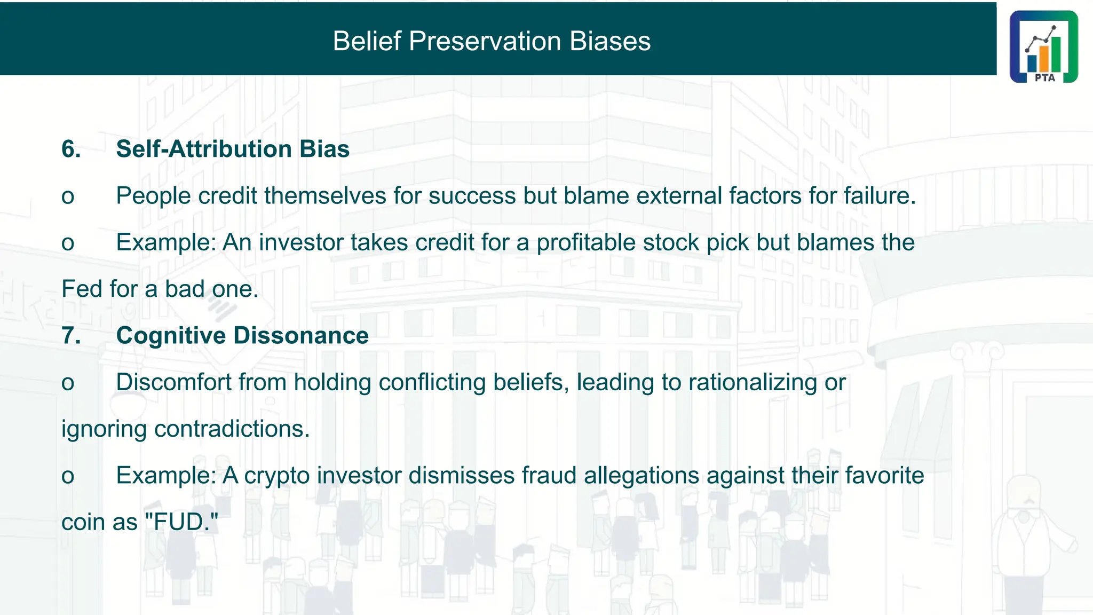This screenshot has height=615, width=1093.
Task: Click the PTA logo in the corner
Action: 1043,46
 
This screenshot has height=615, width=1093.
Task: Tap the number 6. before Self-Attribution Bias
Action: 71,149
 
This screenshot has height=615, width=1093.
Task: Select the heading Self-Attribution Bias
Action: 233,149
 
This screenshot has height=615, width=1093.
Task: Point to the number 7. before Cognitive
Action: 71,336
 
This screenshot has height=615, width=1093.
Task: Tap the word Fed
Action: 81,289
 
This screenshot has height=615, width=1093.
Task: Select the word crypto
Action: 277,476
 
